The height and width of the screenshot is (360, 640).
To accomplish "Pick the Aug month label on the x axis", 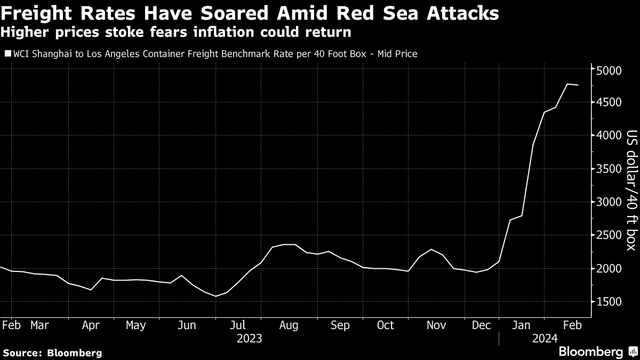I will pos(289,325).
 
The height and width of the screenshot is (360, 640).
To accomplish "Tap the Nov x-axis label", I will pos(436,325).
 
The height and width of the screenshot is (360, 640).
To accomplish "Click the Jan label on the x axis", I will pos(522,325).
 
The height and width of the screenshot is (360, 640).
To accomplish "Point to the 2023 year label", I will pos(250,338).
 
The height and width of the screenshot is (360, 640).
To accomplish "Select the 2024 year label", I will pos(545,338).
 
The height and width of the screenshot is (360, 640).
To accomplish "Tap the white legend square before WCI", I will pos(7,54).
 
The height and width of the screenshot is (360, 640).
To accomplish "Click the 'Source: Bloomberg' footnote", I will pos(52,353).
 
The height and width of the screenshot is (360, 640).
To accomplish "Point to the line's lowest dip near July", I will pos(216,296).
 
